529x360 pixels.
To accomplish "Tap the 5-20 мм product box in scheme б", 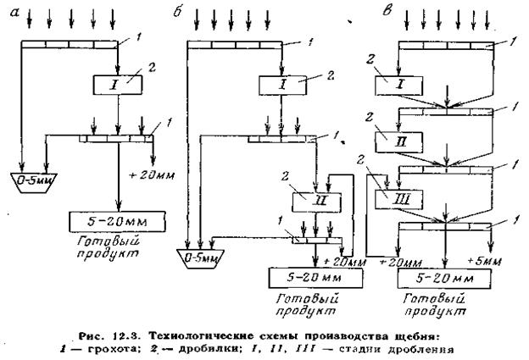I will (x=311, y=277).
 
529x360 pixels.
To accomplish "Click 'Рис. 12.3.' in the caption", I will (x=113, y=327).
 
